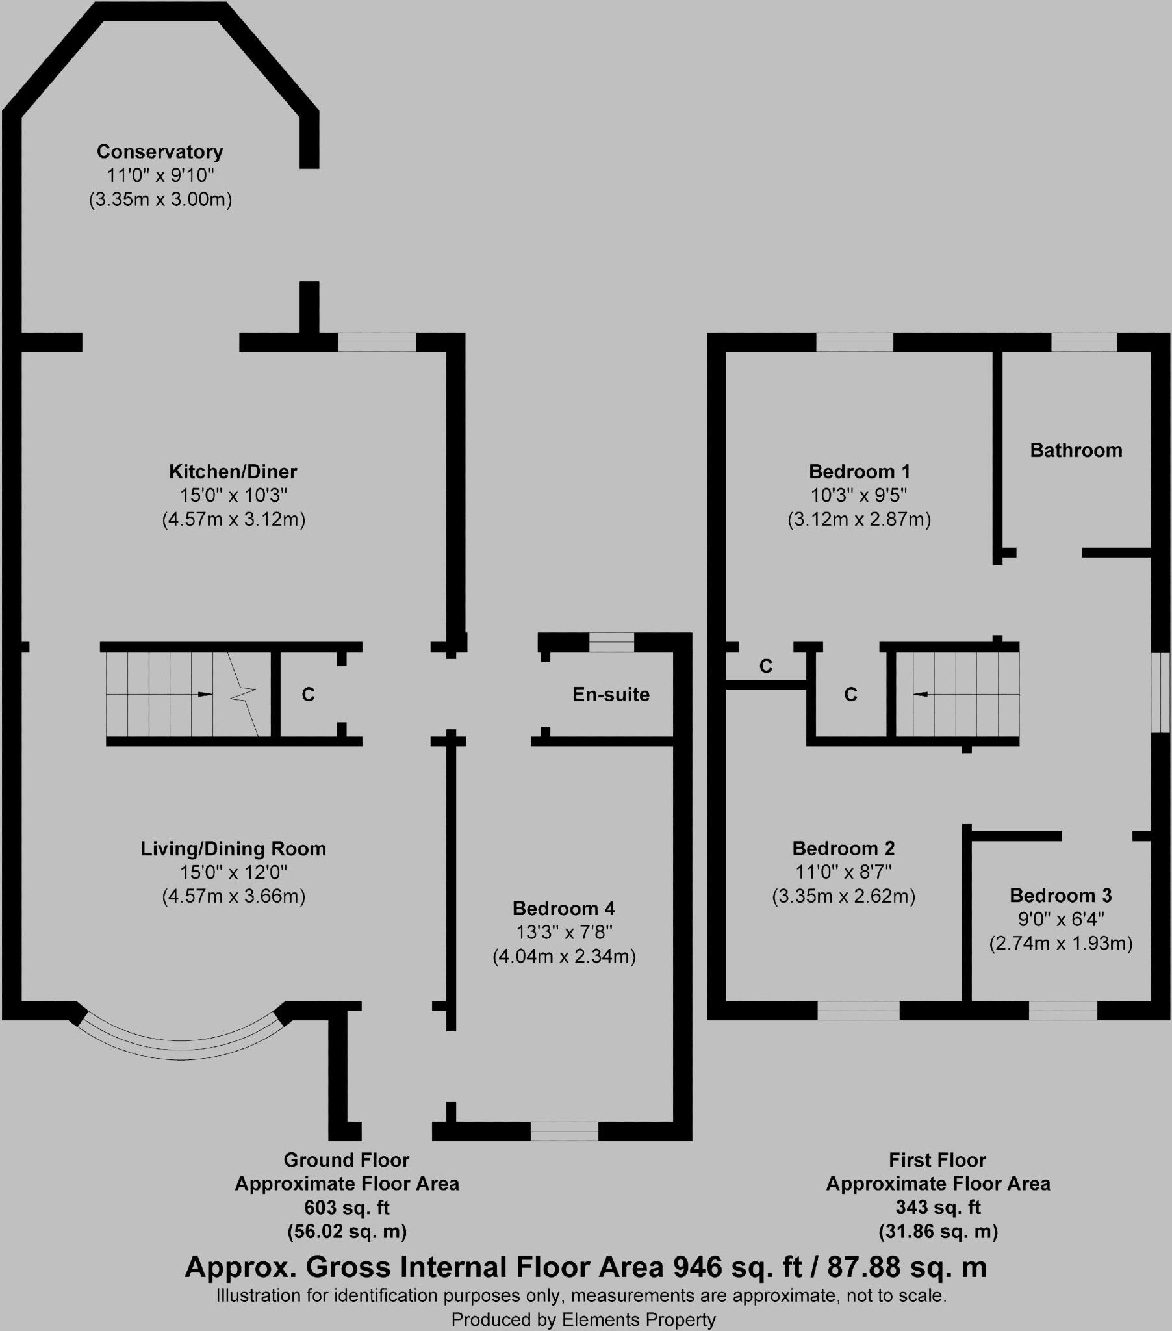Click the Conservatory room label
pyautogui.click(x=160, y=151)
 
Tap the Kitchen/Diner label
pyautogui.click(x=233, y=471)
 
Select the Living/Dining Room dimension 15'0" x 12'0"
pyautogui.click(x=233, y=872)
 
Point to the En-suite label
pyautogui.click(x=611, y=695)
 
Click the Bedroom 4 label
pyautogui.click(x=564, y=909)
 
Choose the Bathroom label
pyautogui.click(x=1076, y=450)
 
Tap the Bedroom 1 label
pyautogui.click(x=860, y=471)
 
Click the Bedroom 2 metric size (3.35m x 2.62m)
pyautogui.click(x=844, y=897)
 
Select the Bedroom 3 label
pyautogui.click(x=1061, y=896)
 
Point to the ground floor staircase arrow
pyautogui.click(x=204, y=694)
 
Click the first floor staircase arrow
pyautogui.click(x=921, y=695)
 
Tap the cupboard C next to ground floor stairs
pyautogui.click(x=308, y=695)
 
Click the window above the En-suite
pyautogui.click(x=611, y=642)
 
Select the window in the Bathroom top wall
pyautogui.click(x=1084, y=342)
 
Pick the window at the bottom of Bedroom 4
pyautogui.click(x=564, y=1131)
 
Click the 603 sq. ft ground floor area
pyautogui.click(x=346, y=1208)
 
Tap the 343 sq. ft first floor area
pyautogui.click(x=937, y=1208)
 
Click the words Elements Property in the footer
pyautogui.click(x=639, y=1320)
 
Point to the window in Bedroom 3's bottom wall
pyautogui.click(x=1063, y=1011)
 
